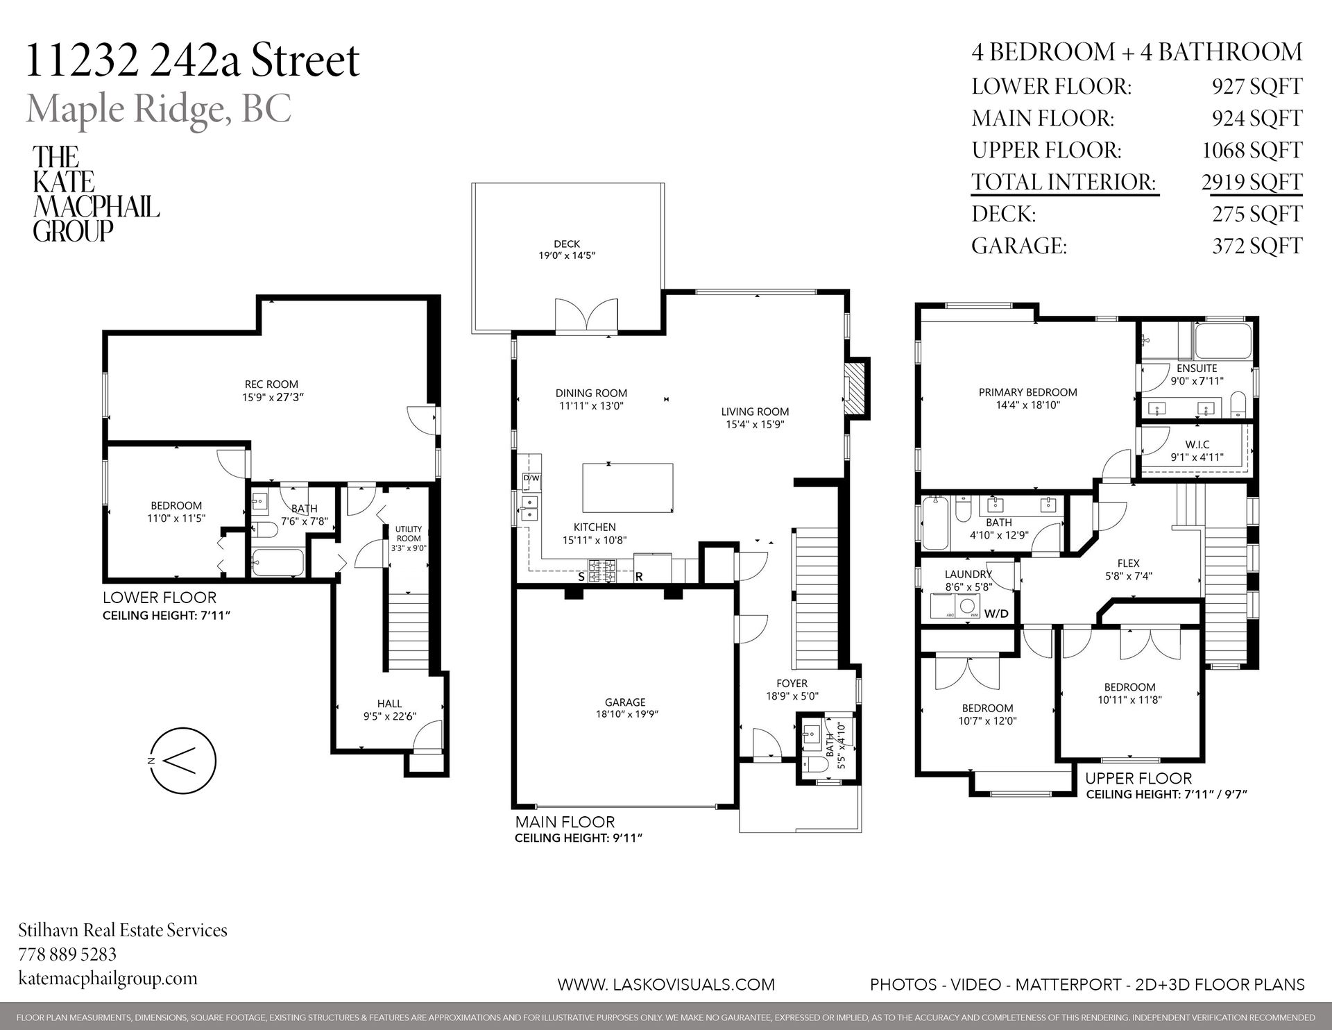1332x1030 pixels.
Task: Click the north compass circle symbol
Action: click(x=183, y=761)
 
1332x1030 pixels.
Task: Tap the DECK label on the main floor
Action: click(x=567, y=244)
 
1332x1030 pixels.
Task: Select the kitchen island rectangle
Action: click(x=628, y=488)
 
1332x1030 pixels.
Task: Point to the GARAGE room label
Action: click(x=624, y=702)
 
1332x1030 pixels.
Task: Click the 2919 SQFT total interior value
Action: click(x=1252, y=182)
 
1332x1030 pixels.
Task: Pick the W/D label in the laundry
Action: click(x=996, y=614)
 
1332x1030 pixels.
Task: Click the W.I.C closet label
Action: click(x=1197, y=444)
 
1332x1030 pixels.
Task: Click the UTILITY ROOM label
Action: click(x=409, y=533)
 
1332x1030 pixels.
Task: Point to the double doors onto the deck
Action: click(x=586, y=316)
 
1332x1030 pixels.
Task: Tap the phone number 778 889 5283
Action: click(x=67, y=954)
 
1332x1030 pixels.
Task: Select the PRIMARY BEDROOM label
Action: click(x=1027, y=392)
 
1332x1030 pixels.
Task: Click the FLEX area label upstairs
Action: click(x=1129, y=564)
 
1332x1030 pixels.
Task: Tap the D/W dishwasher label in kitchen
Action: click(x=531, y=478)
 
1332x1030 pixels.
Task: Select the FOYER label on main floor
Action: click(x=792, y=683)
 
